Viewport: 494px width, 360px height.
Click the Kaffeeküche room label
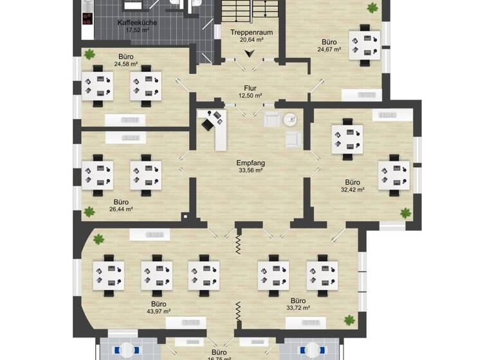136,22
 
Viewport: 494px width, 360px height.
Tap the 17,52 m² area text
136,30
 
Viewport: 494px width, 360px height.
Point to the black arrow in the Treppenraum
251,54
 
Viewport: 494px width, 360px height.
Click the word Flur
250,88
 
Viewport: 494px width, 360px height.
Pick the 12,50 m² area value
250,96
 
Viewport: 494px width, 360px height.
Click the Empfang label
250,163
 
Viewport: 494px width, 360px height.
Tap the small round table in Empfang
290,118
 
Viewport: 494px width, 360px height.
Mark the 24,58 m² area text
126,64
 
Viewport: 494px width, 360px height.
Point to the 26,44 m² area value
121,209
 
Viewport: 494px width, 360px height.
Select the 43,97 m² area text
158,311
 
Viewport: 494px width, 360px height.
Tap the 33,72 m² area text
298,308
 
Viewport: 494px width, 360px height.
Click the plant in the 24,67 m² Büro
372,8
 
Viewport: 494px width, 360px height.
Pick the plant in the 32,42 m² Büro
406,212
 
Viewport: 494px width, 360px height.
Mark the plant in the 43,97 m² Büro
98,240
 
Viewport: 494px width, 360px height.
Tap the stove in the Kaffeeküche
88,17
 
